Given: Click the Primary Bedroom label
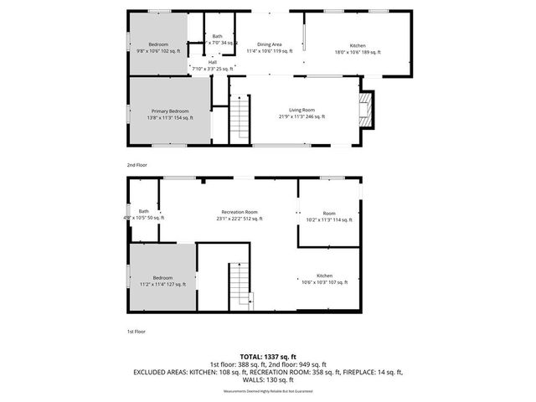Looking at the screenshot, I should tap(170, 111).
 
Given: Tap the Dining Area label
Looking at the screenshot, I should tap(269, 44).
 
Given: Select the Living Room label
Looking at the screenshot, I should tap(301, 110).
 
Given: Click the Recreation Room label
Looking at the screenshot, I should tap(239, 212).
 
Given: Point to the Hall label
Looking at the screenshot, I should tap(213, 61).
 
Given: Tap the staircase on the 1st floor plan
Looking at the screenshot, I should tap(240, 285).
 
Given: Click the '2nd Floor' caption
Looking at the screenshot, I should tap(136, 166).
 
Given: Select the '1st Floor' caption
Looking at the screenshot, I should tap(136, 332).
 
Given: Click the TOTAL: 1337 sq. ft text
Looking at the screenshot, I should tap(268, 357).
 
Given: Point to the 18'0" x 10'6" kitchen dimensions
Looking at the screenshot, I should tap(357, 52).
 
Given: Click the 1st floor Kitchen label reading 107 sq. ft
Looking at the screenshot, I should tap(324, 276).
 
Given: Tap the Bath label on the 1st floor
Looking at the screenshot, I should tap(143, 211).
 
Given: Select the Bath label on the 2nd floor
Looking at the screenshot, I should tap(217, 36).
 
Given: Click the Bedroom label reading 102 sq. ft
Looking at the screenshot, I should tap(158, 44).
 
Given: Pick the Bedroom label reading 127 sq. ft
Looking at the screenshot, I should tap(162, 278).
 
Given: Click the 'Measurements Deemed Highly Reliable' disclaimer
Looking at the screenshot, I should tap(268, 392).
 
